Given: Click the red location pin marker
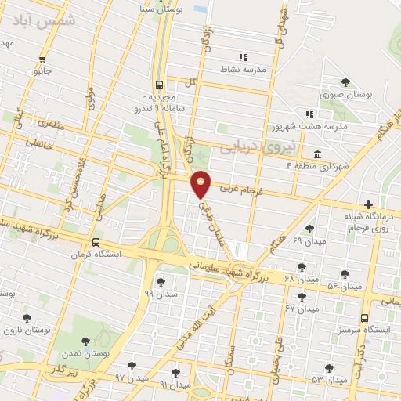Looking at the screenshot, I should point(202,183).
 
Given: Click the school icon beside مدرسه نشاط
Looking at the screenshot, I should point(243,57).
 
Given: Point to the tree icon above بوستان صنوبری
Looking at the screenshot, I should point(345,81).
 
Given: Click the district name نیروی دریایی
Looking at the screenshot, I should point(256,146).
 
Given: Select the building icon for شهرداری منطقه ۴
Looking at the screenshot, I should point(316,153).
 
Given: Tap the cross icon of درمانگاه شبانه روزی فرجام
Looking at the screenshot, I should point(368,204).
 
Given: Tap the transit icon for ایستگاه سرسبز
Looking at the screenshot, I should point(364,318).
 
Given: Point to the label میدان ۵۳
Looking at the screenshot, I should point(328,379).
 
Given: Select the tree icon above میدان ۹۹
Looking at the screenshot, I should point(161,281).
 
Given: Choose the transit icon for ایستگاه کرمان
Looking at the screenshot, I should point(96,243).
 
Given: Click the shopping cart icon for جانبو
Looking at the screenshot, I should point(42,58).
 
